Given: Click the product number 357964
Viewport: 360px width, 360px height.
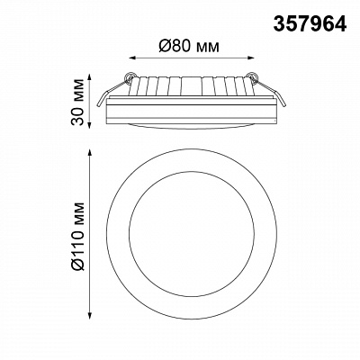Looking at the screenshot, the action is [x=310, y=24].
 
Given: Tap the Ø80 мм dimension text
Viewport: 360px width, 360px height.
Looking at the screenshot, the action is [x=189, y=46].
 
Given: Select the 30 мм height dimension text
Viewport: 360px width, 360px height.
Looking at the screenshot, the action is [x=77, y=102].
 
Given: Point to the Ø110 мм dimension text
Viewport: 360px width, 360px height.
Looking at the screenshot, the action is [x=77, y=236].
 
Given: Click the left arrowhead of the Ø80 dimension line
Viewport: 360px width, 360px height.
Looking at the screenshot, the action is [x=131, y=58].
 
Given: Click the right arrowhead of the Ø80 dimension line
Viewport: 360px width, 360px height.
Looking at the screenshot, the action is [x=251, y=58].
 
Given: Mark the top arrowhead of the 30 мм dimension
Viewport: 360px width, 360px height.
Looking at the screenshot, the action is [x=89, y=77].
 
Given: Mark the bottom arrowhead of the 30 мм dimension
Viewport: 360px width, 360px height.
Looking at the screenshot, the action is [x=89, y=125].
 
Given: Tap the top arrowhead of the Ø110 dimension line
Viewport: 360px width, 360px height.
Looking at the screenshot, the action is [x=89, y=152].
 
